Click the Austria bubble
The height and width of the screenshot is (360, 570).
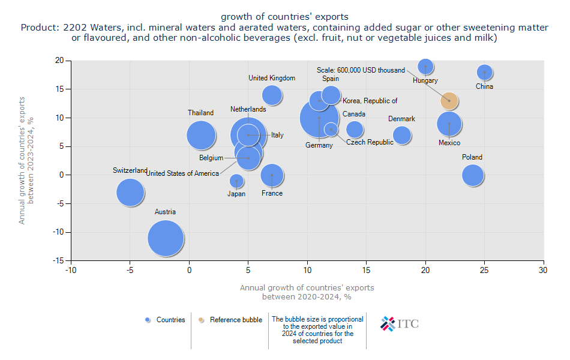tap(166, 238)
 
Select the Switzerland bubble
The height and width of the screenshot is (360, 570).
tap(130, 193)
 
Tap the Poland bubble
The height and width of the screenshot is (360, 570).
tap(473, 175)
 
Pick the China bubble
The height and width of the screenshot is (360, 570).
tap(485, 73)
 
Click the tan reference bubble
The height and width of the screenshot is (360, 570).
tap(449, 101)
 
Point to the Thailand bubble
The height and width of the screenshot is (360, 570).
tap(201, 135)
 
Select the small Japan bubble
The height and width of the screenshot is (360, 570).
tap(236, 181)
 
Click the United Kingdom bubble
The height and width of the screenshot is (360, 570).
tap(272, 95)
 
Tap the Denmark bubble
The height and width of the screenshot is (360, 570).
tap(402, 135)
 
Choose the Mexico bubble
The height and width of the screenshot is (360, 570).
tap(449, 124)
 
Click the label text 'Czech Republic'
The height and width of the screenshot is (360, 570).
tap(370, 142)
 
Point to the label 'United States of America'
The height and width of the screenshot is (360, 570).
tap(183, 173)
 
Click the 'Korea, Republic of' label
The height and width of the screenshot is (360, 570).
tap(370, 101)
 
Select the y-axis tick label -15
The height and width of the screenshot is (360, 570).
tap(59, 261)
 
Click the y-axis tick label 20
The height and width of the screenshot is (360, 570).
tap(59, 61)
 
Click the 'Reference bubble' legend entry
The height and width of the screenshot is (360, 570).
tap(235, 320)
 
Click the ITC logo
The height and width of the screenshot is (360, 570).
tap(400, 324)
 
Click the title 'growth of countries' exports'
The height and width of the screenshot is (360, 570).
tap(284, 16)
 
